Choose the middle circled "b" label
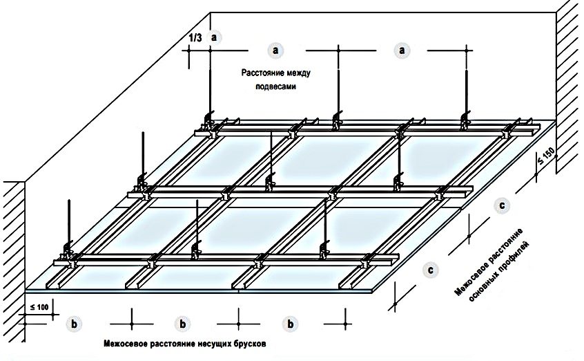(182, 323)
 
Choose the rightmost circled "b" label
(291, 323)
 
